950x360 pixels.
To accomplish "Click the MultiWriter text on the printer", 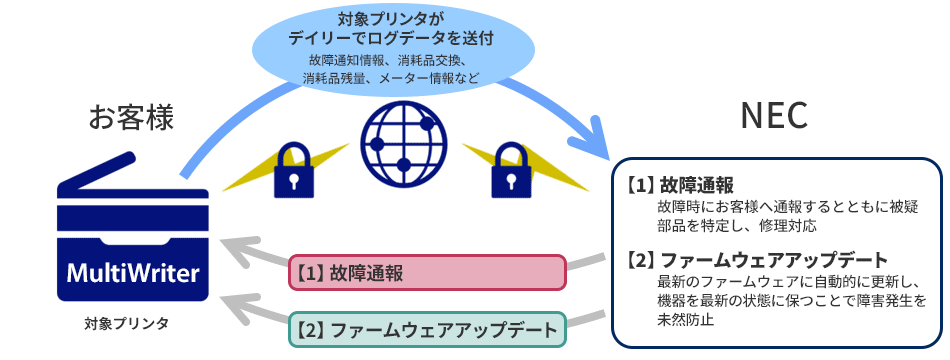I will coord(132,273).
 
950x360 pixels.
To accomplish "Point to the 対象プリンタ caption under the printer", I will coord(126,324).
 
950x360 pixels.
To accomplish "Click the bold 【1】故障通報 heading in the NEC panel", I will coord(681,185).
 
